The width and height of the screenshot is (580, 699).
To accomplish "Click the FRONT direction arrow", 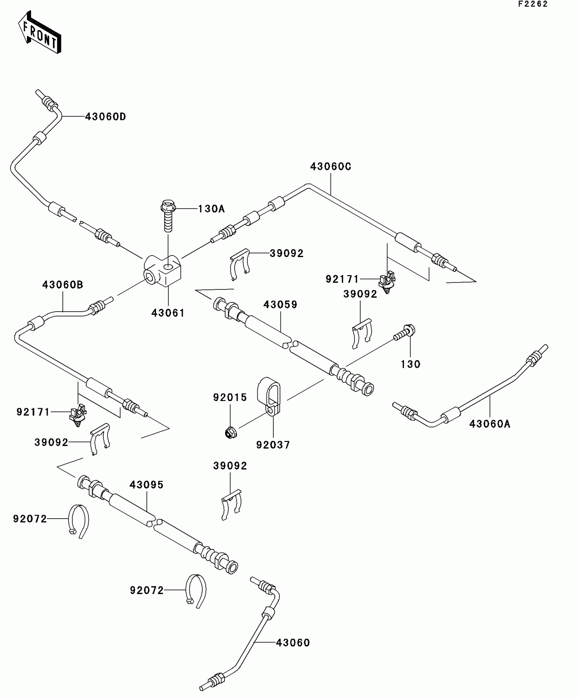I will [x=40, y=33].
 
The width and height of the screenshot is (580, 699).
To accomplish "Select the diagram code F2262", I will [x=533, y=4].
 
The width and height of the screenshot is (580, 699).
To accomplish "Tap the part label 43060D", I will [x=105, y=117].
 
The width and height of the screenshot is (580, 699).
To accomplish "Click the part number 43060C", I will [x=331, y=167].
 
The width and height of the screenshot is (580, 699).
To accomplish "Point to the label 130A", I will [x=212, y=209].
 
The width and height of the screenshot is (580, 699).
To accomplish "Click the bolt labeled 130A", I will [x=168, y=215].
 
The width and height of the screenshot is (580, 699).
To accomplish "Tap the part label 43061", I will [x=168, y=313].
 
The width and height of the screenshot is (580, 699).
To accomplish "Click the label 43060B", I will [x=63, y=285].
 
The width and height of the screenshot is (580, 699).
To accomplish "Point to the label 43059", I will [x=280, y=304].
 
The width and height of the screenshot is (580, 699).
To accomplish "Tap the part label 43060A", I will [x=490, y=424].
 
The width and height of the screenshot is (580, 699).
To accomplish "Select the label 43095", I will [x=146, y=485].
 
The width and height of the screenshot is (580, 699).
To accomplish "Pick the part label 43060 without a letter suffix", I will [x=293, y=643].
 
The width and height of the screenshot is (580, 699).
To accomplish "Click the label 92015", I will [x=230, y=398].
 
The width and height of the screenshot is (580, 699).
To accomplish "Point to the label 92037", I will [x=273, y=445].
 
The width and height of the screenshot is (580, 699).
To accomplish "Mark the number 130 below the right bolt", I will [x=410, y=364].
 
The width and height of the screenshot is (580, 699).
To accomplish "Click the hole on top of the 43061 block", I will [x=168, y=267].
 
